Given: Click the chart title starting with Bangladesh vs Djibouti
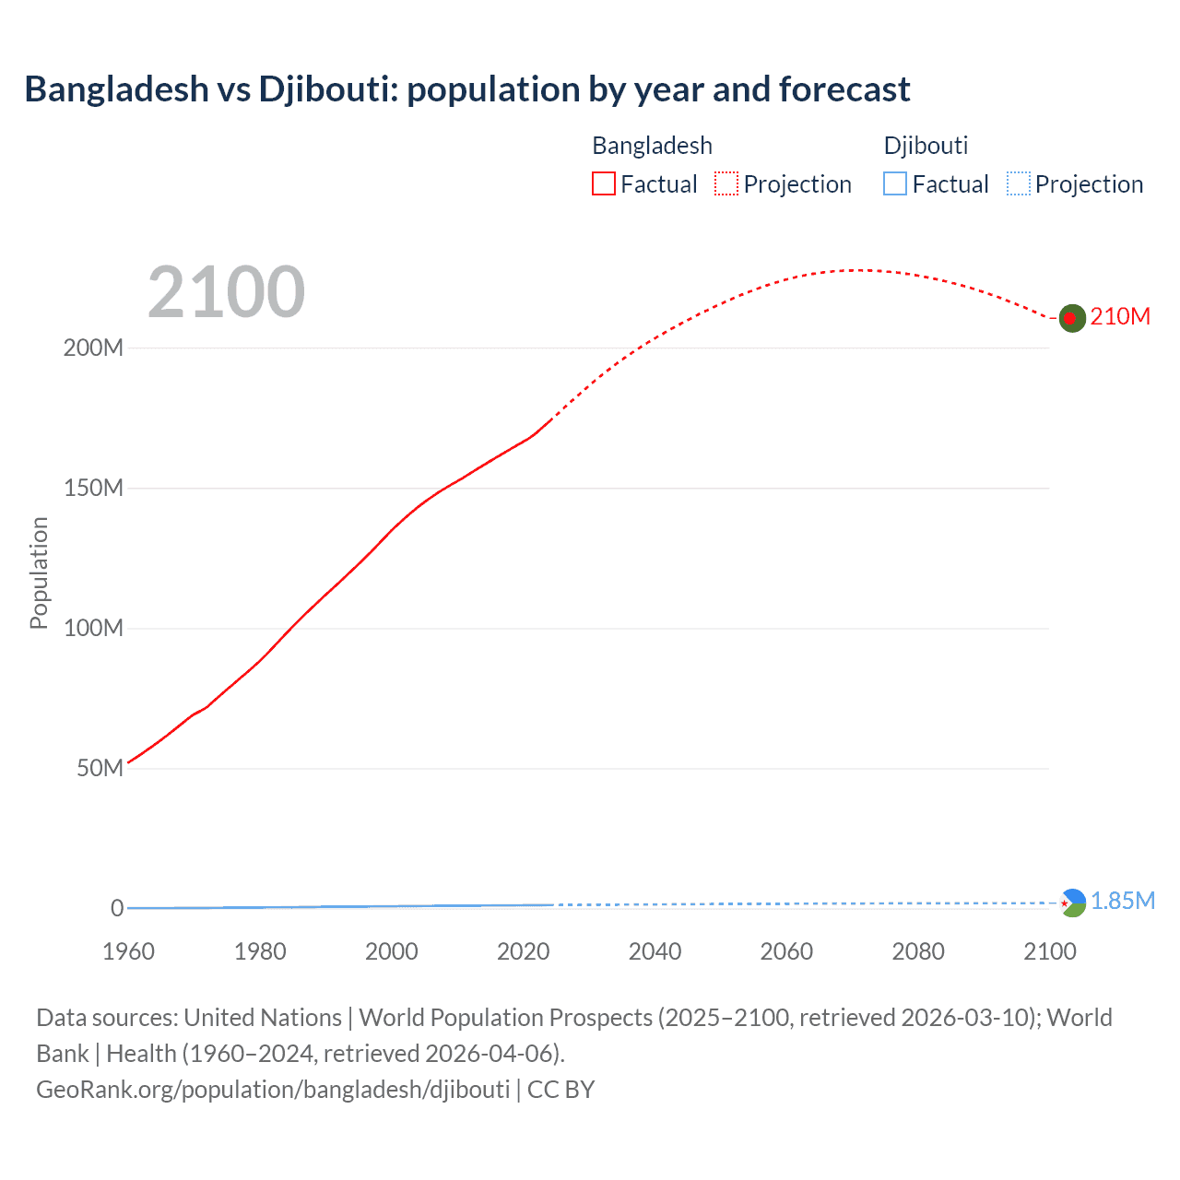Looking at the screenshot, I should point(466,89).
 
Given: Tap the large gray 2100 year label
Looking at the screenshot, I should point(226,292).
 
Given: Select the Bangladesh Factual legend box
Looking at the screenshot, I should point(603,184).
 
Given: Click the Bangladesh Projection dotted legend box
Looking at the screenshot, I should point(726,184).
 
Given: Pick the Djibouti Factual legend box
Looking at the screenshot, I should point(894,184).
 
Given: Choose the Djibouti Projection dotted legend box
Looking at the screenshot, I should point(1018,184).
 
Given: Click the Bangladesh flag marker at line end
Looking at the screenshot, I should point(1071,318).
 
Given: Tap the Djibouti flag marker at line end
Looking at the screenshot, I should point(1073,903).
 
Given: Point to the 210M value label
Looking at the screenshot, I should point(1120,317).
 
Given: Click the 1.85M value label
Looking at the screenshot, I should point(1123,902).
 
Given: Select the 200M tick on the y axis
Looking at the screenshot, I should point(93,348).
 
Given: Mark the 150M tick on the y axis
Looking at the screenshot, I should point(93,489).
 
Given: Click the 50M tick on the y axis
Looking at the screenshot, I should point(100,769).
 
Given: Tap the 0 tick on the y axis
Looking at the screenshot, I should point(117,909).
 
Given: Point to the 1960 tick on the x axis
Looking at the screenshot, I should point(128,951).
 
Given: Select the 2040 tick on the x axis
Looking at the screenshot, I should point(655,951).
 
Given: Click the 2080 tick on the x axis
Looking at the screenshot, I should point(918,951).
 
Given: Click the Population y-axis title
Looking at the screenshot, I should point(39,572).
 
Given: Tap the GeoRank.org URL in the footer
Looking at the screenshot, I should point(273,1090).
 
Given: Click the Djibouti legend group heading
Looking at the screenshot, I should point(926,146).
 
